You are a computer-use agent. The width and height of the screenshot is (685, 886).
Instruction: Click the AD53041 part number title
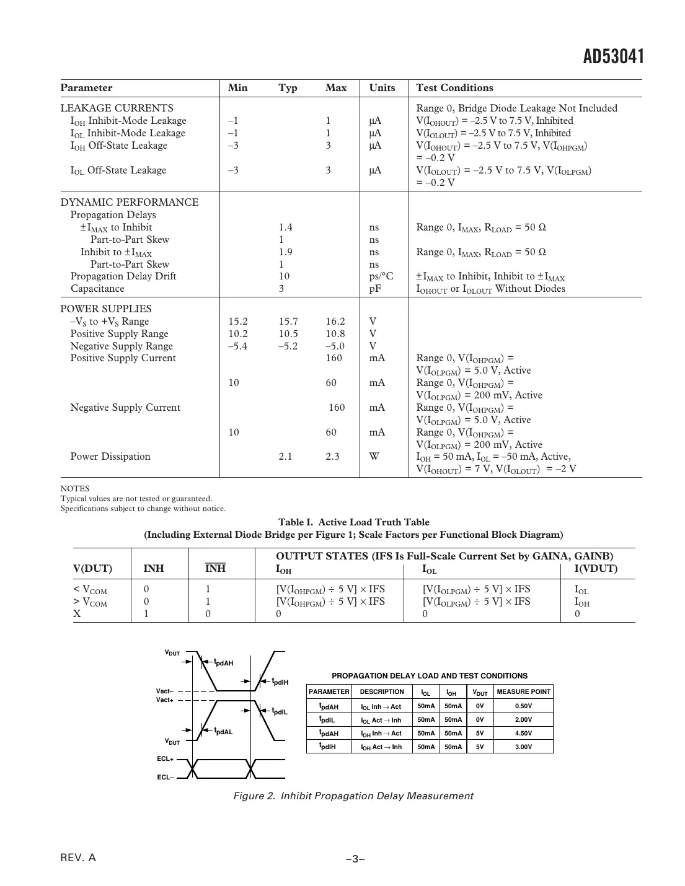click(613, 57)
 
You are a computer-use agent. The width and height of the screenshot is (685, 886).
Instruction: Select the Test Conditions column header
click(454, 88)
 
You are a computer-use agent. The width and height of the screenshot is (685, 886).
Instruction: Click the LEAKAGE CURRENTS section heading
click(117, 108)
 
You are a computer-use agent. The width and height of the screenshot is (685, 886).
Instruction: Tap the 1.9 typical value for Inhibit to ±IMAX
click(285, 252)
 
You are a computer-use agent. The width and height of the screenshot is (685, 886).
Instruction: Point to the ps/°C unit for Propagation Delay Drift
click(381, 276)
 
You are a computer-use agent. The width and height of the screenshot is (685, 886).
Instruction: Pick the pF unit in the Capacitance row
click(375, 289)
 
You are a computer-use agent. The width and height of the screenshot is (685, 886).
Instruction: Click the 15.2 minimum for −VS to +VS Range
click(237, 322)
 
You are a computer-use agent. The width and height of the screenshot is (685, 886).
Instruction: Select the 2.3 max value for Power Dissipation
click(332, 457)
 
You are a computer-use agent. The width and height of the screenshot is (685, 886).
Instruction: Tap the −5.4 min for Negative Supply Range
click(237, 346)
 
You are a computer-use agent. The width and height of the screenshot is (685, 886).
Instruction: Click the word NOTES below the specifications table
click(75, 489)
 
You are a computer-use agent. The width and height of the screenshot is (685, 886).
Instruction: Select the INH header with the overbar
click(215, 569)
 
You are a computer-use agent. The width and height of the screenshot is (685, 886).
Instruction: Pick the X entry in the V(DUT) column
click(77, 614)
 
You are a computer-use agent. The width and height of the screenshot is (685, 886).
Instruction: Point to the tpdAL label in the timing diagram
click(223, 732)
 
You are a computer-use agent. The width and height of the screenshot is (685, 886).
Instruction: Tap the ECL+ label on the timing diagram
click(166, 759)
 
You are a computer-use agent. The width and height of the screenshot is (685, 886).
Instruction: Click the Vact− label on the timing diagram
click(165, 691)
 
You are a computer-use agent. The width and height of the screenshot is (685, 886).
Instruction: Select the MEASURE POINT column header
click(523, 692)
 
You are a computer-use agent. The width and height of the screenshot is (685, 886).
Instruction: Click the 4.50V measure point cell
click(523, 734)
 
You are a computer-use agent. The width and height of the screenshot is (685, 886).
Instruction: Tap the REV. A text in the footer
click(78, 858)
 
